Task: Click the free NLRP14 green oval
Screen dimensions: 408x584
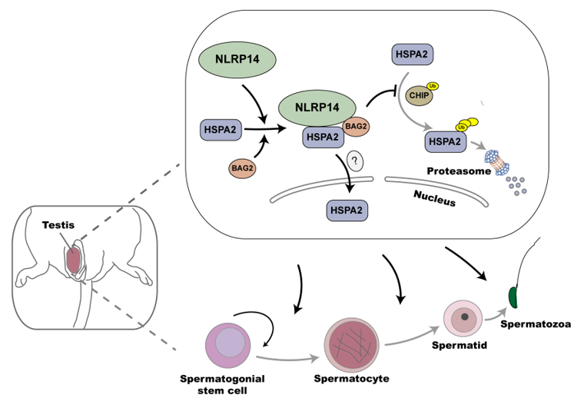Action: (239, 59)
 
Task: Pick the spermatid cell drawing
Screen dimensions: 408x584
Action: (463, 318)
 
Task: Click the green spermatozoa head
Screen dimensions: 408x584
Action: (514, 297)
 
